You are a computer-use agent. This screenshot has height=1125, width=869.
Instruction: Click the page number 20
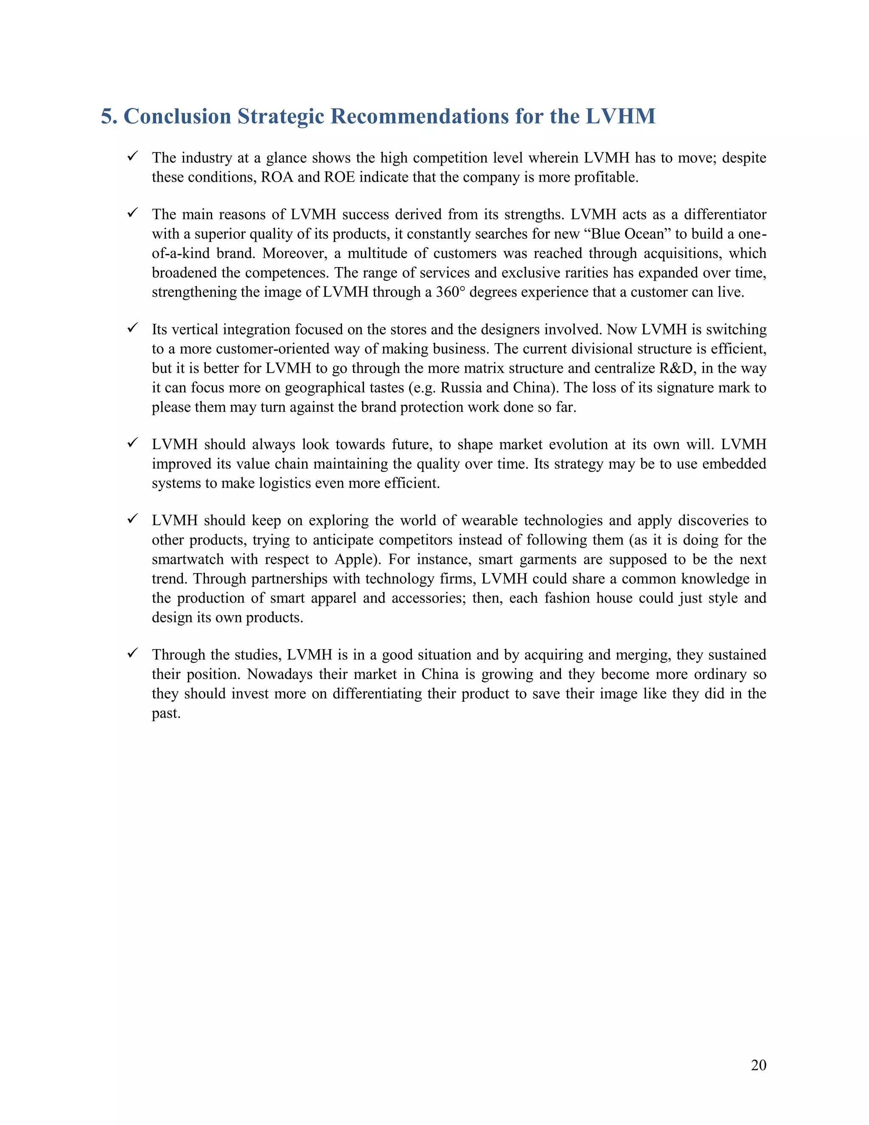point(758,1065)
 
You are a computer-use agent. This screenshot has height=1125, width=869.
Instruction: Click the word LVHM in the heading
point(620,116)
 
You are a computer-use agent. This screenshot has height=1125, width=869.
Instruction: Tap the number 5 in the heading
point(106,116)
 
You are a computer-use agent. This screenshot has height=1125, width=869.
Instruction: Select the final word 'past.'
point(166,714)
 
